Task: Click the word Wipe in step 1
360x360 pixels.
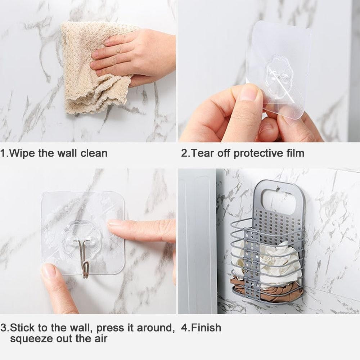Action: coord(22,153)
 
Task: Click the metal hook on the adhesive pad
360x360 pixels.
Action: coord(84,257)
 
